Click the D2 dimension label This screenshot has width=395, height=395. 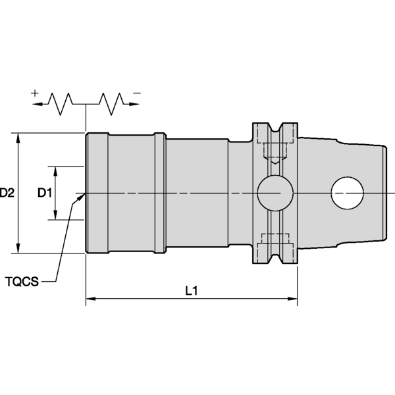[8, 193]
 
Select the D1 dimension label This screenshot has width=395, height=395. [44, 193]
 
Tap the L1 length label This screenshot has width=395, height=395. [192, 290]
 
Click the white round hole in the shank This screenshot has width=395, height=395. [348, 193]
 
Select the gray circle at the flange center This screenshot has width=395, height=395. [275, 193]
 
